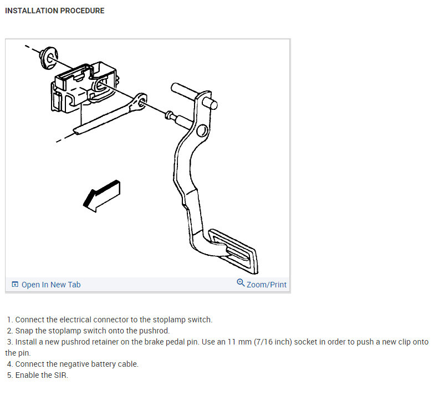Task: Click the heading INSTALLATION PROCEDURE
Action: tap(54, 11)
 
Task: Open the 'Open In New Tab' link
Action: tap(50, 285)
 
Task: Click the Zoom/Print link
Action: tap(266, 285)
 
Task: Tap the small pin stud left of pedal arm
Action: tap(171, 116)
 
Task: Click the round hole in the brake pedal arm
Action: tap(202, 131)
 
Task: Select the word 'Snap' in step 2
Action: tap(24, 331)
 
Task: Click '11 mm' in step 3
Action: tap(237, 342)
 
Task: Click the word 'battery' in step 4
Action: tap(102, 364)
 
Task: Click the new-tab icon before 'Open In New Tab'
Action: tap(15, 285)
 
